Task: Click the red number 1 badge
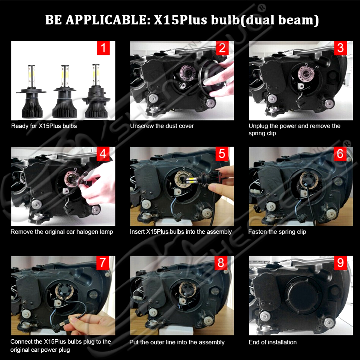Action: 103,48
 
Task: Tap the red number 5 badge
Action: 222,154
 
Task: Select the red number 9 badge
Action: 340,263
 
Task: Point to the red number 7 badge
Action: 103,263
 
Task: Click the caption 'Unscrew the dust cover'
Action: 162,126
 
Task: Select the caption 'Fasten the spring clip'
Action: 277,232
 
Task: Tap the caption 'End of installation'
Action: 273,342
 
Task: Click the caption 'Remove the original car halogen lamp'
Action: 62,232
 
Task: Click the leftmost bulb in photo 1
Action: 32,92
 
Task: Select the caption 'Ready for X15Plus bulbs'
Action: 44,126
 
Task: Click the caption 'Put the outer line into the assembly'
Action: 177,342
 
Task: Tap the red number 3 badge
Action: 340,48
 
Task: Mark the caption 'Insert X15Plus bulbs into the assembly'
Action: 181,232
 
